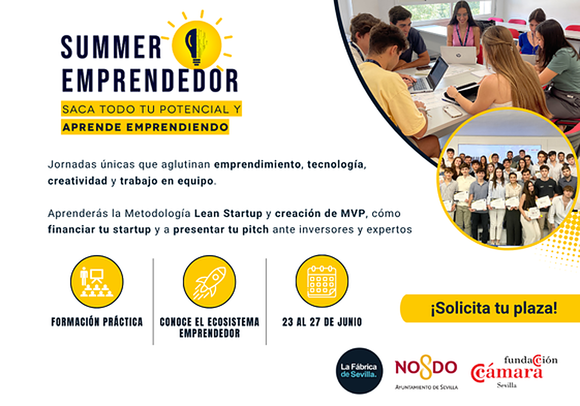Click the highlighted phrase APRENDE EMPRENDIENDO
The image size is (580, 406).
coord(145,128)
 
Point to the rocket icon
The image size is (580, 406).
coord(209,282)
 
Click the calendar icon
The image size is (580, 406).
coord(321,281)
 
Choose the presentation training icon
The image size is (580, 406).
coord(97,282)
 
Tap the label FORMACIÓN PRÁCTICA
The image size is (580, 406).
coord(97,322)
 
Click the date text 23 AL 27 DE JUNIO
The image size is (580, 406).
coord(322,322)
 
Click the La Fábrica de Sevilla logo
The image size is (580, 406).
coord(359,370)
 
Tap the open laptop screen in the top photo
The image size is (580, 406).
coord(436,72)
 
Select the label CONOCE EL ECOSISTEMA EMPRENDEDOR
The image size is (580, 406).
coord(209,327)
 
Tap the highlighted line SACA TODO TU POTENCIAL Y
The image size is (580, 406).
coord(151,109)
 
